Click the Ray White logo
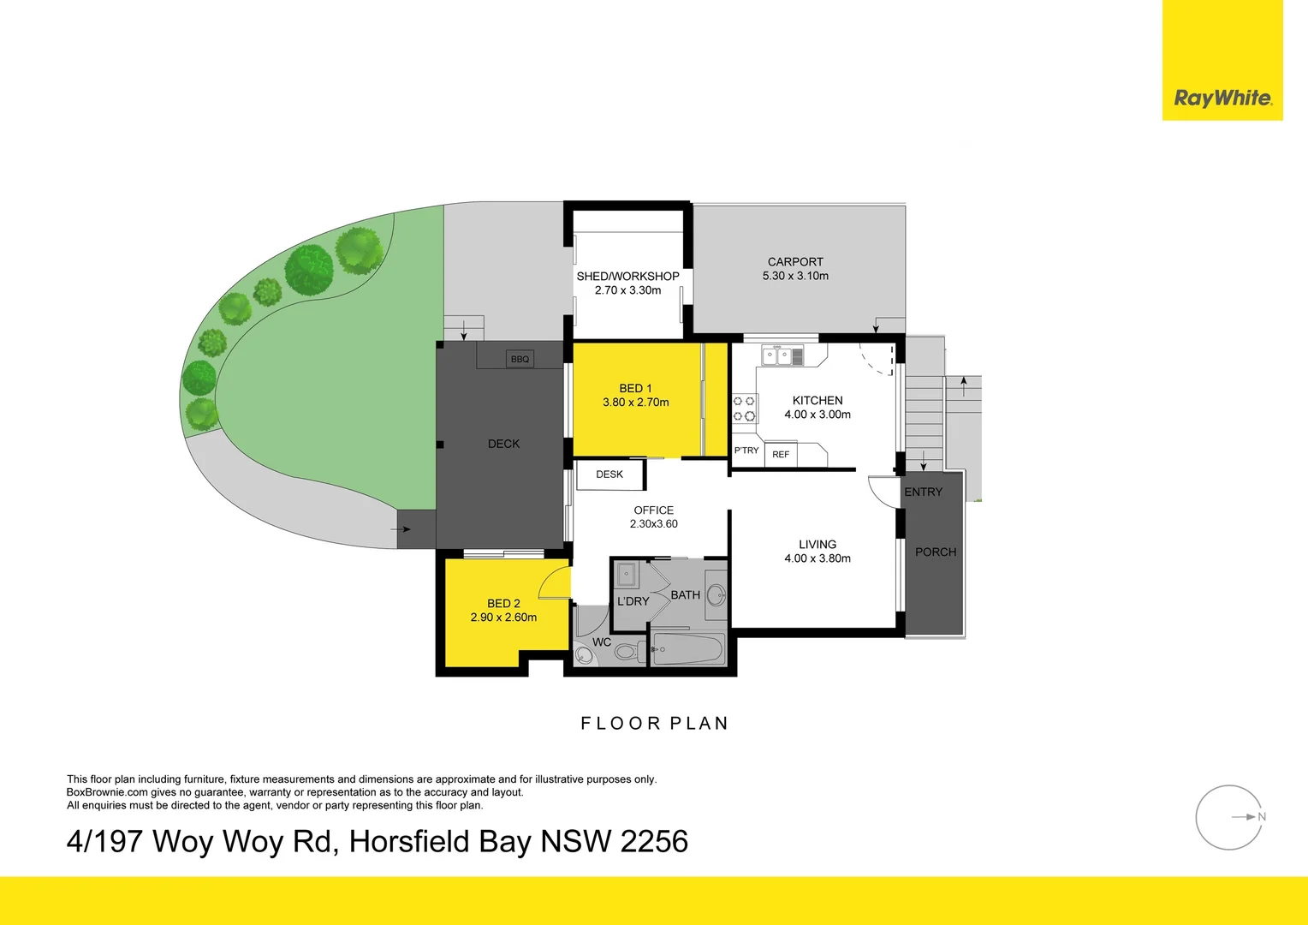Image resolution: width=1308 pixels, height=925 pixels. pyautogui.click(x=1222, y=98)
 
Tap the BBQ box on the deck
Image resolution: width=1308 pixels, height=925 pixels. pyautogui.click(x=520, y=359)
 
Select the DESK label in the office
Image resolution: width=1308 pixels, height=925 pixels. pyautogui.click(x=609, y=474)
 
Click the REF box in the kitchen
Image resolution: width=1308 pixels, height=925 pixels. pyautogui.click(x=781, y=454)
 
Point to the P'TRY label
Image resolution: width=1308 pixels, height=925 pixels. pyautogui.click(x=746, y=451)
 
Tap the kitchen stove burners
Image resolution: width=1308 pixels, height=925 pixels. pyautogui.click(x=745, y=409)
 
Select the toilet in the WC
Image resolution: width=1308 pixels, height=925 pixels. pyautogui.click(x=626, y=652)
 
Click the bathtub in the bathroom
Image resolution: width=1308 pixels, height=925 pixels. pyautogui.click(x=688, y=648)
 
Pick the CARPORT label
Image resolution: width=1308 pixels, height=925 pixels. pyautogui.click(x=795, y=262)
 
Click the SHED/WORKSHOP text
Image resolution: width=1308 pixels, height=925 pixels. pyautogui.click(x=627, y=277)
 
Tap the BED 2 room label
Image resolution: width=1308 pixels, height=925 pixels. pyautogui.click(x=503, y=604)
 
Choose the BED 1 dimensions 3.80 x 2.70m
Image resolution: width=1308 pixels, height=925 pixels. pyautogui.click(x=636, y=403)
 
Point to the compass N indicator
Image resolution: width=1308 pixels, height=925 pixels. pyautogui.click(x=1261, y=817)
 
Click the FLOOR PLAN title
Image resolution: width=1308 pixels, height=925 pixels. pyautogui.click(x=655, y=724)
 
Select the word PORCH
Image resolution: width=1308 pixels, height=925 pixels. pyautogui.click(x=936, y=552)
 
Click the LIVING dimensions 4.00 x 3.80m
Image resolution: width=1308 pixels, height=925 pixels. pyautogui.click(x=817, y=558)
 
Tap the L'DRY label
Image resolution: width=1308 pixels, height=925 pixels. pyautogui.click(x=633, y=601)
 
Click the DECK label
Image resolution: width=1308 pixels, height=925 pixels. pyautogui.click(x=503, y=444)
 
